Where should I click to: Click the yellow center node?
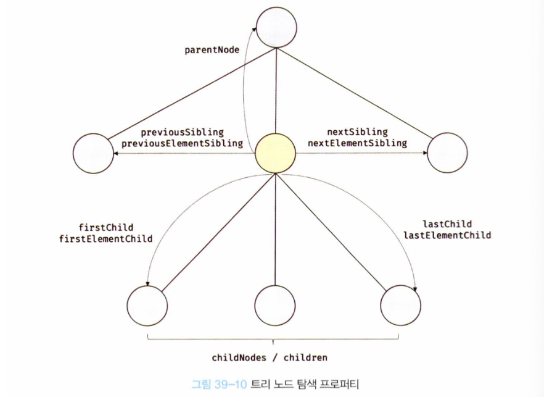pyautogui.click(x=275, y=153)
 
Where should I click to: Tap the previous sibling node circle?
pyautogui.click(x=93, y=153)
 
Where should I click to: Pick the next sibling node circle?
pyautogui.click(x=447, y=153)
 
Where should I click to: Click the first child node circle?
pyautogui.click(x=148, y=305)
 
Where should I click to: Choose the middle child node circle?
pyautogui.click(x=275, y=305)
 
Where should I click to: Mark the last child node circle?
pyautogui.click(x=401, y=305)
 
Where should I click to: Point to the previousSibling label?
pyautogui.click(x=182, y=132)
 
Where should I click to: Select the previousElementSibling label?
pyautogui.click(x=182, y=143)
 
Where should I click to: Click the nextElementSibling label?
pyautogui.click(x=357, y=143)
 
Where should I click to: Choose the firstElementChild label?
pyautogui.click(x=106, y=238)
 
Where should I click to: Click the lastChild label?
pyautogui.click(x=447, y=224)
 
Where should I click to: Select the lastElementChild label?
pyautogui.click(x=447, y=235)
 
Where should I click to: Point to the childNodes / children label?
pyautogui.click(x=270, y=357)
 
